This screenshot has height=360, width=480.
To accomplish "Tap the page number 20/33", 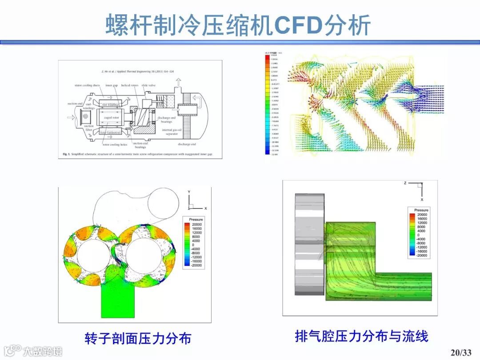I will pyautogui.click(x=460, y=352).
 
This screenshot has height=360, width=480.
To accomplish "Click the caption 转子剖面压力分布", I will pyautogui.click(x=138, y=338).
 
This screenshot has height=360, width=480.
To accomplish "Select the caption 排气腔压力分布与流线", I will pyautogui.click(x=361, y=336).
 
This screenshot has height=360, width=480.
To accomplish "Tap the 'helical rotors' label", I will pyautogui.click(x=129, y=85).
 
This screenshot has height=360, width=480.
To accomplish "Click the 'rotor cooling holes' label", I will pyautogui.click(x=114, y=144).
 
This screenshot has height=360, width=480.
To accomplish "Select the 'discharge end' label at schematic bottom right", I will pyautogui.click(x=187, y=144).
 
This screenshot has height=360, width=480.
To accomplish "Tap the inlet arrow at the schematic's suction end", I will pyautogui.click(x=69, y=118).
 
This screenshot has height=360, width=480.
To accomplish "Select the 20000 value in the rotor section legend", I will pyautogui.click(x=196, y=225).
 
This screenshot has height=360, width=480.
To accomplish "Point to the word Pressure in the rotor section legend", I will pyautogui.click(x=196, y=220).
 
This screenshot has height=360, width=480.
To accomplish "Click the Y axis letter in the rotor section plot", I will pyautogui.click(x=189, y=192).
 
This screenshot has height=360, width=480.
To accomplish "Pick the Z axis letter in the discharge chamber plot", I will pyautogui.click(x=405, y=183).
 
